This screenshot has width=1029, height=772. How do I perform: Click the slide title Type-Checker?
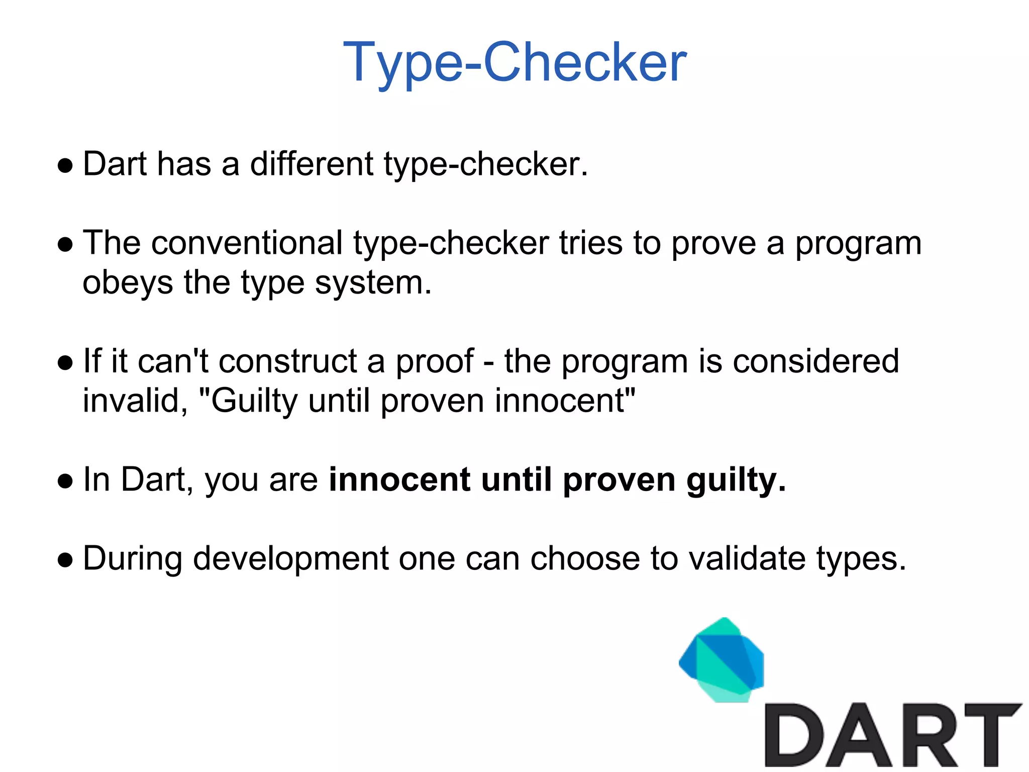point(514,63)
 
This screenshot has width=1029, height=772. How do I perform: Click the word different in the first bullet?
point(312,164)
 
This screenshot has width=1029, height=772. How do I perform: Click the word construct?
point(288,361)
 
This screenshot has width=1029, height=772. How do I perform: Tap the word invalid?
point(135,401)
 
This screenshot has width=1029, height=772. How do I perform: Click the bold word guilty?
point(736,480)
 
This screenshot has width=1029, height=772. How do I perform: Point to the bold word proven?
point(619,480)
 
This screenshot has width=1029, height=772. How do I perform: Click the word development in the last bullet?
point(290,559)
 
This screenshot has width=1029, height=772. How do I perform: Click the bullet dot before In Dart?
point(65,480)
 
